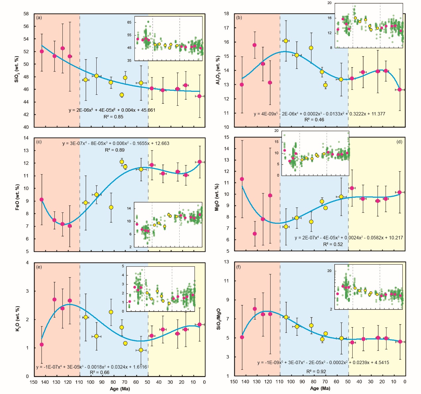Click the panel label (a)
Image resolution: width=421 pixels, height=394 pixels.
(39, 17)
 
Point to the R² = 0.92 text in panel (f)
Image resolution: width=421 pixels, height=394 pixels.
(316, 371)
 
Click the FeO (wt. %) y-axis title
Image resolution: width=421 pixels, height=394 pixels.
(17, 197)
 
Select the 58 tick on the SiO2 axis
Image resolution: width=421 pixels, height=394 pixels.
(26, 14)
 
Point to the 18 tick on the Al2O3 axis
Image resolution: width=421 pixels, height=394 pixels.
(226, 14)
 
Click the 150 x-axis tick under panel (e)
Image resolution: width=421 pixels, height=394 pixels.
(34, 382)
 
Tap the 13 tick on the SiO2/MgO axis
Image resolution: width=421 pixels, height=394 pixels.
(226, 262)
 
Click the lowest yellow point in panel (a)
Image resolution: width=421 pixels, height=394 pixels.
(122, 95)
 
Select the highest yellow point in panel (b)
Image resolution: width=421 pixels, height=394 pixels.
(286, 41)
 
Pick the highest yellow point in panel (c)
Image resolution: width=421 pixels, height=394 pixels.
(122, 162)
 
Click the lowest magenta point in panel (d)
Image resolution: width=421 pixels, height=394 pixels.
(255, 234)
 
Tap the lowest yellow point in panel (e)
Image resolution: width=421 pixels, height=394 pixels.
(141, 350)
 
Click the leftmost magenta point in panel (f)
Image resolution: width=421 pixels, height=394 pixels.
(242, 337)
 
